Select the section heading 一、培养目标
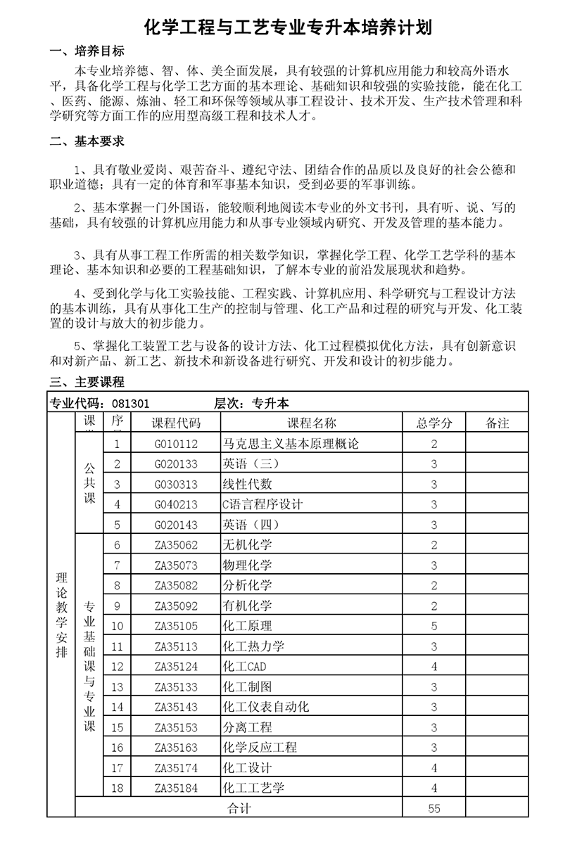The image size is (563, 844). point(87,52)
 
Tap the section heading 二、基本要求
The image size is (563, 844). point(87,141)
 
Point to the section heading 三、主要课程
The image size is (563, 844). point(87,383)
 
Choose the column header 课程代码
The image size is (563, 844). point(176,423)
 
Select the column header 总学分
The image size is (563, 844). point(434,423)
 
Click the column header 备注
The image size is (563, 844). point(498,423)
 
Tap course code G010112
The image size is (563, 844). point(176,444)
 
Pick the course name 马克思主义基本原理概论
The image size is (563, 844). point(291,444)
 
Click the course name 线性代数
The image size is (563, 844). point(247,484)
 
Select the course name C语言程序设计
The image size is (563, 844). point(262,504)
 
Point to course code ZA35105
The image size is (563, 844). point(176,626)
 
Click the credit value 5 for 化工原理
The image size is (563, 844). point(434,626)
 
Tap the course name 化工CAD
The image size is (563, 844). point(244,666)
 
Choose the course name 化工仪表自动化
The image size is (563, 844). point(266,707)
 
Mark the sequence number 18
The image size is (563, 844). point(118,788)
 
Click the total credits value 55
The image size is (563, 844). point(434,808)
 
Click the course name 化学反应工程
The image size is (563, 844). point(260,747)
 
